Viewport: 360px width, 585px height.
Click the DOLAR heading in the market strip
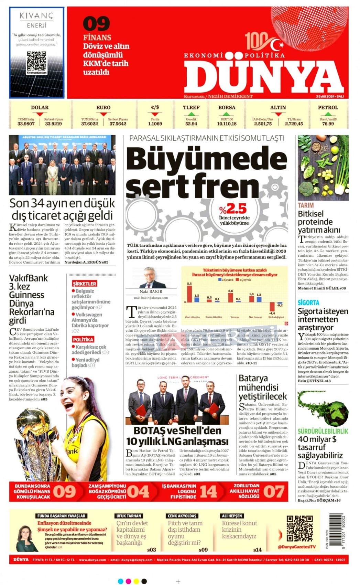pyautogui.click(x=40, y=107)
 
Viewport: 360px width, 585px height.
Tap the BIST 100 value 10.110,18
pyautogui.click(x=227, y=124)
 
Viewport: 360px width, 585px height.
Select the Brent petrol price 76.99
pyautogui.click(x=328, y=124)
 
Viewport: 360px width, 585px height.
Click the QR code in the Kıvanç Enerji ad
pyautogui.click(x=36, y=61)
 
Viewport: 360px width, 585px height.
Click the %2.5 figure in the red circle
pyautogui.click(x=234, y=209)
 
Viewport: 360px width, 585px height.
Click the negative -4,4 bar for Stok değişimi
pyautogui.click(x=272, y=306)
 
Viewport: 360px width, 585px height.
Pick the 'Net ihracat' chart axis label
pyautogui.click(x=255, y=317)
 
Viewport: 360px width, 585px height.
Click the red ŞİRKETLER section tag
pyautogui.click(x=84, y=284)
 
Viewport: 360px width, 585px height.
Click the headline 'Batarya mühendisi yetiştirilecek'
pyautogui.click(x=263, y=387)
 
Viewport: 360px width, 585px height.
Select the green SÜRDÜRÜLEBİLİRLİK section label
pyautogui.click(x=323, y=431)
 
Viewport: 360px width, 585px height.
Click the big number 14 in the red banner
pyautogui.click(x=208, y=491)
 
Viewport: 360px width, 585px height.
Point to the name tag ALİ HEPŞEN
pyautogui.click(x=232, y=516)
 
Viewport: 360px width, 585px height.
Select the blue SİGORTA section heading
pyautogui.click(x=308, y=303)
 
